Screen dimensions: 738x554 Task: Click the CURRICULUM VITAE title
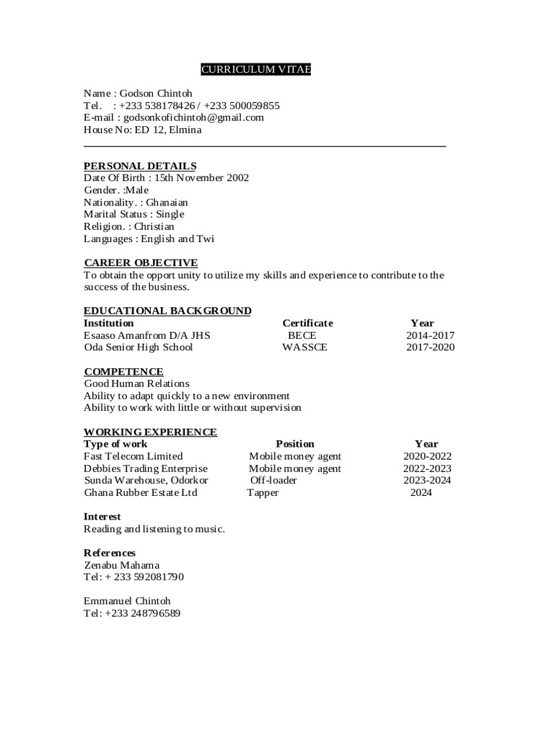[256, 69]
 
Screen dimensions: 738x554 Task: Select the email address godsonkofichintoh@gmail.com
[194, 117]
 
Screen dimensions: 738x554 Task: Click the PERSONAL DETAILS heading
[140, 166]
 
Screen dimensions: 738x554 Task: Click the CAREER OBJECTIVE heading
[141, 262]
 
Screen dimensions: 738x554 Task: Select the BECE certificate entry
[302, 335]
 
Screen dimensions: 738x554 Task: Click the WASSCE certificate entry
[304, 347]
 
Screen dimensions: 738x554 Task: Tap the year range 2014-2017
[430, 335]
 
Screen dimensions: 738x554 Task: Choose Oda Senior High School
[138, 347]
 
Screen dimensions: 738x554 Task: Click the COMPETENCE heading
[123, 372]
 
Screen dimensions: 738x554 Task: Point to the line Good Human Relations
[136, 383]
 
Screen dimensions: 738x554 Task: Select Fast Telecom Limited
[133, 456]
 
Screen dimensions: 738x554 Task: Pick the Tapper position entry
[263, 493]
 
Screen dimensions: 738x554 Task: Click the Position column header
[295, 444]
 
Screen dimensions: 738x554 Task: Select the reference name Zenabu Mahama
[122, 565]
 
